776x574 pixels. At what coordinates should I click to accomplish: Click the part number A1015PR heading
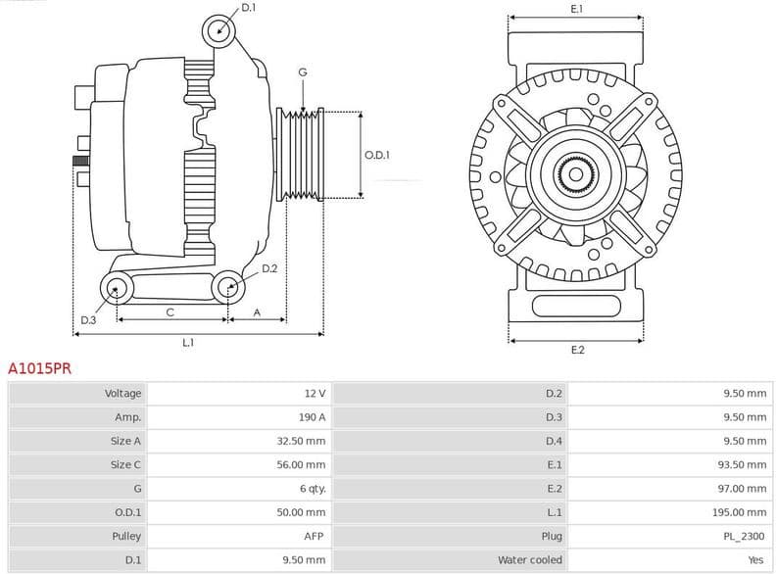39,369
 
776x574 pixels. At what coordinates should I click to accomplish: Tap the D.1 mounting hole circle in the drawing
219,31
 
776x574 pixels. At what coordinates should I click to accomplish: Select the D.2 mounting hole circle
229,287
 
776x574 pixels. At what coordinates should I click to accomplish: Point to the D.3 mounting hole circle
118,288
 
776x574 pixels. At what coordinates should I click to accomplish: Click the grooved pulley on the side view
302,155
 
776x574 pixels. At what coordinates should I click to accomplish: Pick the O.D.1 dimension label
377,155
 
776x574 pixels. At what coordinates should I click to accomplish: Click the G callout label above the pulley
303,72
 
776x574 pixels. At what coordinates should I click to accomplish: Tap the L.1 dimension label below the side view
187,343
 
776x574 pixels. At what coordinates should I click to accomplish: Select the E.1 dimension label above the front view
576,9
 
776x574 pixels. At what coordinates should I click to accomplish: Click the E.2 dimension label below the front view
576,350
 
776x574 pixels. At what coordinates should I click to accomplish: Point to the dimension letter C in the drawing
170,312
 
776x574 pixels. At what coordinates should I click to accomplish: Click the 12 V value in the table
315,394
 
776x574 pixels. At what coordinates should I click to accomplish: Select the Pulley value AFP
315,536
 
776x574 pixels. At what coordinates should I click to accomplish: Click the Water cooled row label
530,559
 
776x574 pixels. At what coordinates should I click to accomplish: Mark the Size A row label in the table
125,441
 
